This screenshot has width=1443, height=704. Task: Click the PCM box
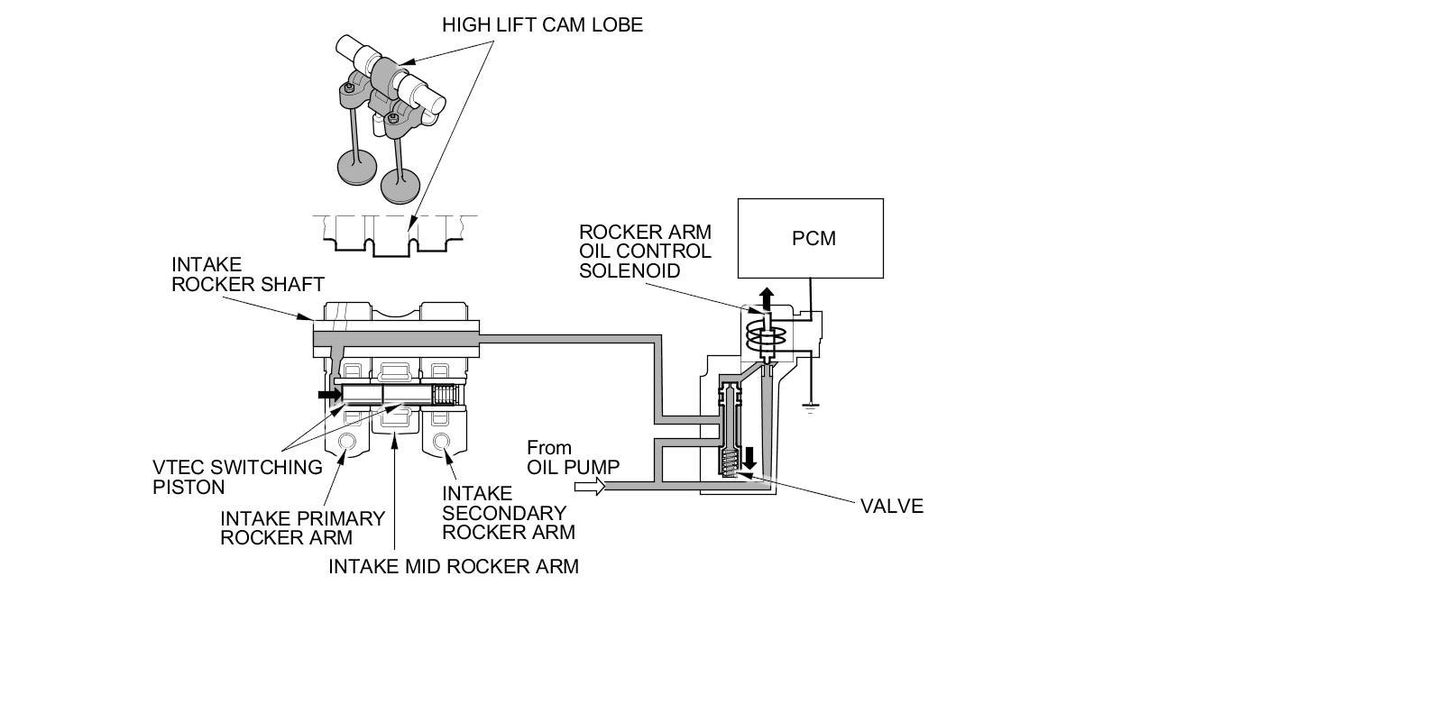[810, 238]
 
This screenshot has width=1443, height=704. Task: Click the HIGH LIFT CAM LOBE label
[542, 24]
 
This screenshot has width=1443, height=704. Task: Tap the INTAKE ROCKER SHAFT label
[247, 274]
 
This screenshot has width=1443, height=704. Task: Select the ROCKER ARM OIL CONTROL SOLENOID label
[645, 251]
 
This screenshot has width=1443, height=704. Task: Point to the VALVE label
[892, 506]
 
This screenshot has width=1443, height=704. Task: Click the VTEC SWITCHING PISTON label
[236, 477]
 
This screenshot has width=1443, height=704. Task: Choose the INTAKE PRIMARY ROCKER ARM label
[302, 528]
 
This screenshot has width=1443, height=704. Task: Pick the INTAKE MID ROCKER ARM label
[453, 566]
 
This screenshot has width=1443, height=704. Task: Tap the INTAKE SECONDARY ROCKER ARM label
[508, 513]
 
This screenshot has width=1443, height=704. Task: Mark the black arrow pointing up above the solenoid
[766, 297]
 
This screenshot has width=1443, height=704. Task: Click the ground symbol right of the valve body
[810, 407]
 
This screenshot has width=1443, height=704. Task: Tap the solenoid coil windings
[767, 340]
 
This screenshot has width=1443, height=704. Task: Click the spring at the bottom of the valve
[731, 463]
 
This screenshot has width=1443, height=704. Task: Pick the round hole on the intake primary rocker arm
[345, 442]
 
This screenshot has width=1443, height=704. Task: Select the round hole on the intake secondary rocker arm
[442, 442]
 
